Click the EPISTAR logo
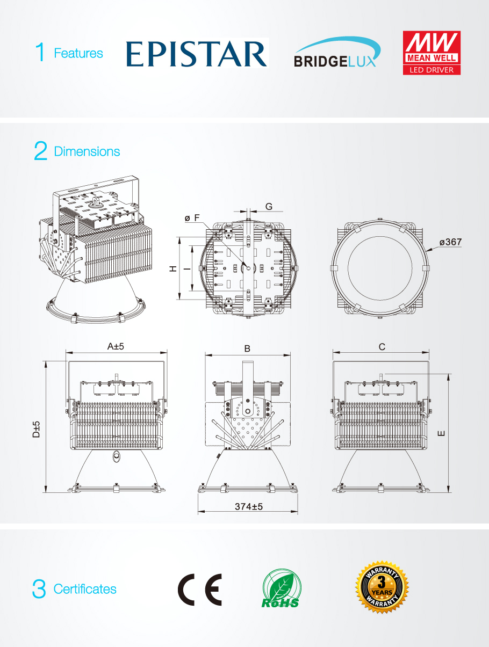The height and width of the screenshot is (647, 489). [x=197, y=54]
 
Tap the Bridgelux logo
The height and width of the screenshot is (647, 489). [x=337, y=53]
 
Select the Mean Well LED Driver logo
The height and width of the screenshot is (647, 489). [x=432, y=53]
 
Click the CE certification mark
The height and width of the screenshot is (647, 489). [x=199, y=590]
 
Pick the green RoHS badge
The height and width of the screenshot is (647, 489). [x=281, y=590]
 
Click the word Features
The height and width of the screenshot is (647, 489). [x=78, y=53]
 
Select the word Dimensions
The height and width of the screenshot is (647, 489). [x=87, y=151]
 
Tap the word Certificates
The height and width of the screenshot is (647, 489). [x=85, y=589]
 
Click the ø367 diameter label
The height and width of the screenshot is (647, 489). [x=450, y=242]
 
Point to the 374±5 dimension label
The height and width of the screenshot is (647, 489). [x=248, y=506]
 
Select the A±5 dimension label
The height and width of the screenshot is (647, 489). [x=116, y=346]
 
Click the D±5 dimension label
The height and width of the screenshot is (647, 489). [x=36, y=428]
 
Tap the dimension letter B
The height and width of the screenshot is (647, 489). [x=247, y=348]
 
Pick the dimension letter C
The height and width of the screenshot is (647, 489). [x=382, y=347]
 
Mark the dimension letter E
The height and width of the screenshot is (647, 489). [x=441, y=433]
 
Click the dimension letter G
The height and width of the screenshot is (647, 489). [x=269, y=206]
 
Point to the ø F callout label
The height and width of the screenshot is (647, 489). [x=192, y=217]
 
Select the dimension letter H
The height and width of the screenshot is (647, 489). [x=173, y=268]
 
